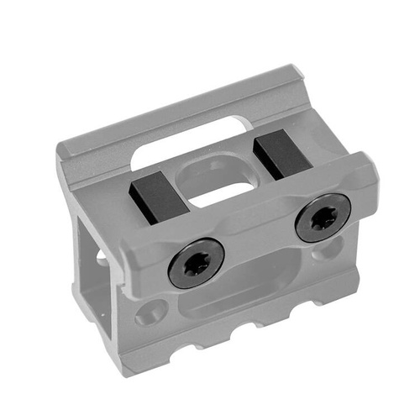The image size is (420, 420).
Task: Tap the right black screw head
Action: (323, 218)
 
